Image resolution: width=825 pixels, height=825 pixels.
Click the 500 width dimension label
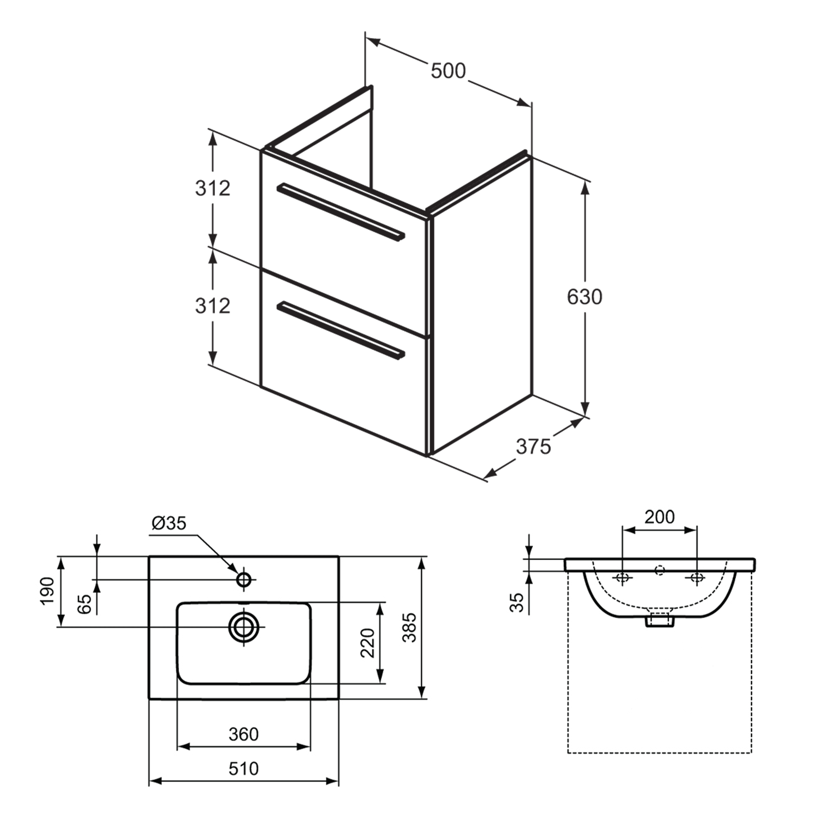[x=448, y=71]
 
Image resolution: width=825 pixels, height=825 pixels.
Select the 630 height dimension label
[x=584, y=297]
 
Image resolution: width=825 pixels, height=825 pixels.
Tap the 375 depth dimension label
[x=533, y=447]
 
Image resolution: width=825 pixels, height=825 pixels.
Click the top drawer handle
[x=340, y=212]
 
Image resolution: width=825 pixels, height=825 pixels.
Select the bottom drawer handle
[x=340, y=331]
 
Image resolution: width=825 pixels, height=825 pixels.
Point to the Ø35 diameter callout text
[x=169, y=523]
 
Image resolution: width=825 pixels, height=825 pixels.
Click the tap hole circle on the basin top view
[x=244, y=580]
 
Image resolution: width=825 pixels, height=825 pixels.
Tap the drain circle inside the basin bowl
[x=244, y=627]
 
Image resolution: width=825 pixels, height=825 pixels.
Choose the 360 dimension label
[x=243, y=734]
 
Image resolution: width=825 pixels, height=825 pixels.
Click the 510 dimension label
[x=243, y=768]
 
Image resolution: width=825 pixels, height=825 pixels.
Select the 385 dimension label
[x=410, y=627]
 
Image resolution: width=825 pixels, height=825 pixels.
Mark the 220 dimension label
[x=368, y=643]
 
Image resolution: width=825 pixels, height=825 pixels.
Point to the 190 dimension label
[x=47, y=591]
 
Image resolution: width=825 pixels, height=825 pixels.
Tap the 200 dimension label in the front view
[x=659, y=517]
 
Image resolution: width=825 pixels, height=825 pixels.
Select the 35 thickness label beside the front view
[x=517, y=602]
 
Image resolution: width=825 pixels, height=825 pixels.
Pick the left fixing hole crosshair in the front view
[x=622, y=578]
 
